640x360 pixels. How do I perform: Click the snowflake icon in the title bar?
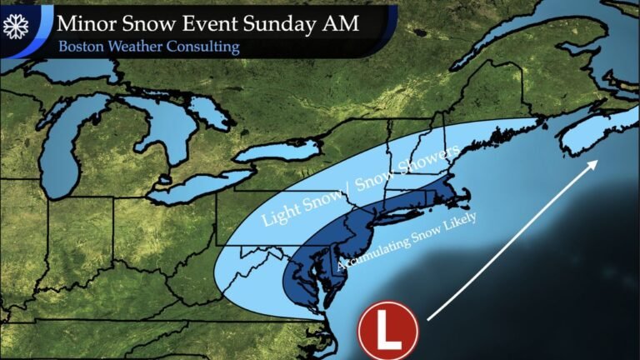pos(16,27)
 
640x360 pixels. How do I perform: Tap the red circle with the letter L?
pos(388,331)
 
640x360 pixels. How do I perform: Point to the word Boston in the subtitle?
pos(82,47)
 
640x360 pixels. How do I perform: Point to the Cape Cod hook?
pos(463,198)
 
